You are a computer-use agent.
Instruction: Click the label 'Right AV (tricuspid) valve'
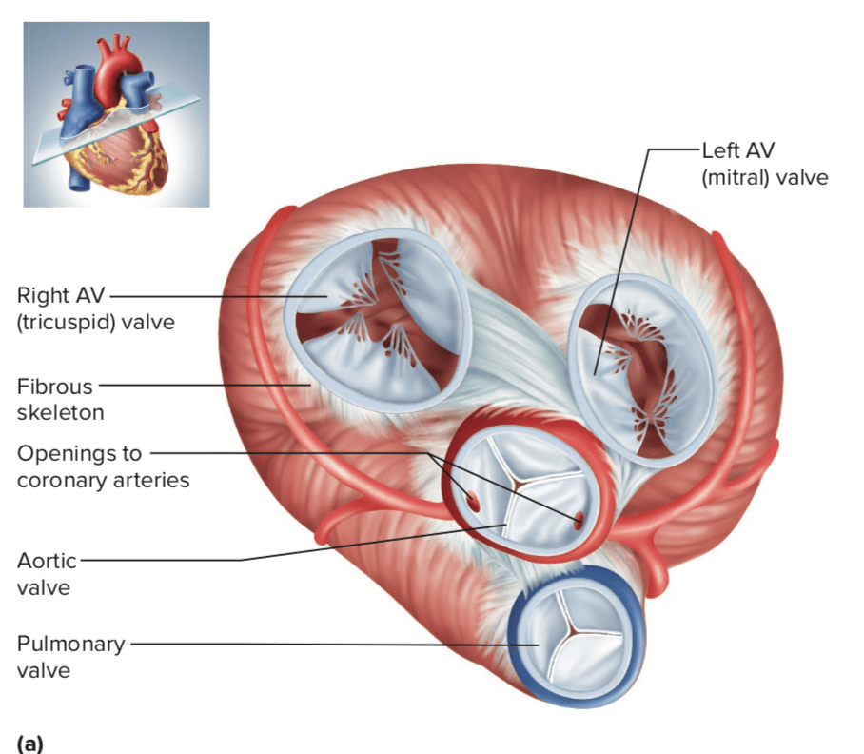(x=95, y=308)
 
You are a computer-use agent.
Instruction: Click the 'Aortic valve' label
(x=47, y=574)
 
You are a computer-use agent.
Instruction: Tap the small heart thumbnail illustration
(x=116, y=113)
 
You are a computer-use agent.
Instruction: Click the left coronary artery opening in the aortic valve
(x=578, y=519)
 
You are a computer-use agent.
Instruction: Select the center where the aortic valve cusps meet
(x=517, y=486)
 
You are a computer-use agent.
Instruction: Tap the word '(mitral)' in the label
(x=736, y=177)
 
